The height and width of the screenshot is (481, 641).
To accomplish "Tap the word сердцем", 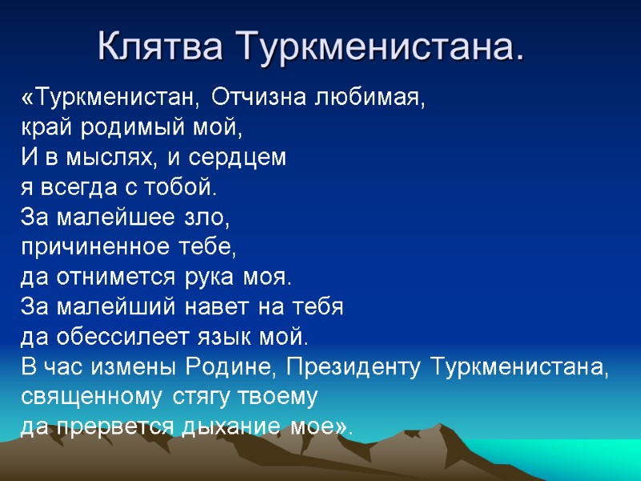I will tap(244, 158).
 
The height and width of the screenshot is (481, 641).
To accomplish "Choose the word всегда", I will tap(70, 188).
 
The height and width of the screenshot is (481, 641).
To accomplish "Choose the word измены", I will tap(134, 368).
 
